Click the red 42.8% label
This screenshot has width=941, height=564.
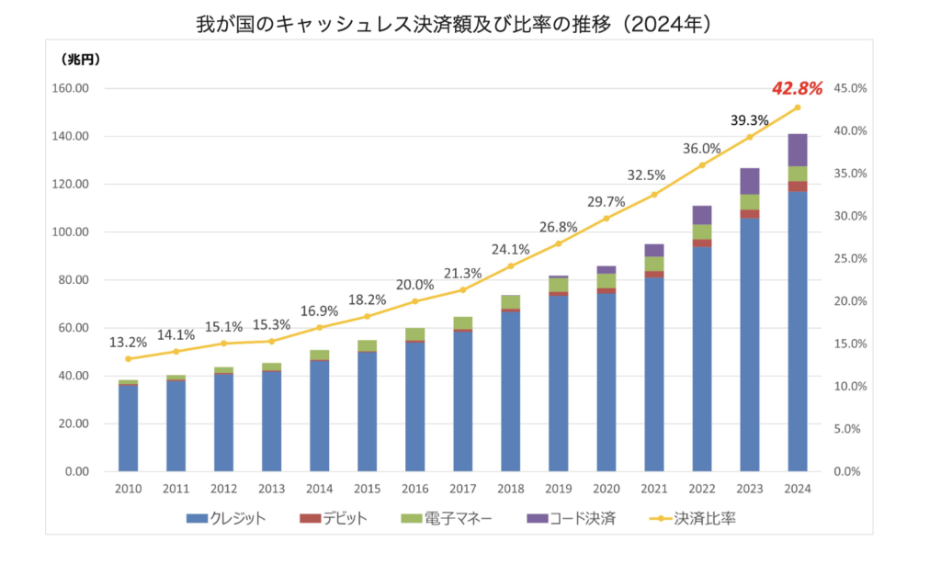click(797, 89)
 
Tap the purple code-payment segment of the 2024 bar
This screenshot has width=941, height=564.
click(798, 150)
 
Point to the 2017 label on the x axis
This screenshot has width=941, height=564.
click(462, 488)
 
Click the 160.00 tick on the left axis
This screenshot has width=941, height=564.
click(69, 89)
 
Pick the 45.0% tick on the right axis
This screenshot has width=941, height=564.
click(851, 89)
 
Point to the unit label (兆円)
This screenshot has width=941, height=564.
click(82, 60)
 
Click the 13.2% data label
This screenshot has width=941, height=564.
click(128, 341)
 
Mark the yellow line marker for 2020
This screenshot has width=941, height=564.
click(607, 219)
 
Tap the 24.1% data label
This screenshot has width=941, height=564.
click(511, 248)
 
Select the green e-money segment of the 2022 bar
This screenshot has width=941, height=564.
click(702, 231)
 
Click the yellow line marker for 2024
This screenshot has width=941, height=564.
click(798, 107)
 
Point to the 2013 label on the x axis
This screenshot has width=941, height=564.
click(271, 488)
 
